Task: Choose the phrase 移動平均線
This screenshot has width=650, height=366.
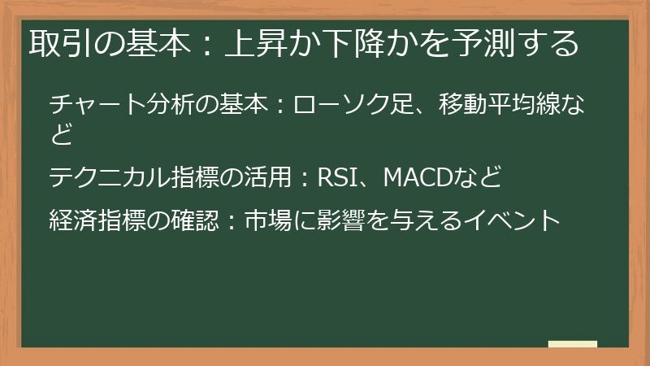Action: click(x=502, y=106)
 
